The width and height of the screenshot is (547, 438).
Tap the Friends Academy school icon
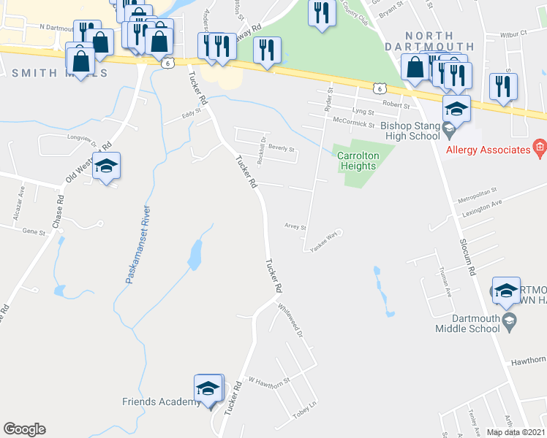208,389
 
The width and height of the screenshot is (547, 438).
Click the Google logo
24,429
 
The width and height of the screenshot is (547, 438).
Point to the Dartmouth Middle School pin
510,319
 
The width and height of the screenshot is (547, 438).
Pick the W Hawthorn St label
270,380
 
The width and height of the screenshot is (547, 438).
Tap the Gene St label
34,231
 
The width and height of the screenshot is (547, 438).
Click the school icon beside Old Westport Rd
106,166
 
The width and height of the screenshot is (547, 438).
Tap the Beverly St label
281,148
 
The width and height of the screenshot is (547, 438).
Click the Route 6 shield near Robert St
378,88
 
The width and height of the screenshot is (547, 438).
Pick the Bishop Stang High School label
410,130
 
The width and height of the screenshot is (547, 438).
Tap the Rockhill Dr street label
261,150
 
